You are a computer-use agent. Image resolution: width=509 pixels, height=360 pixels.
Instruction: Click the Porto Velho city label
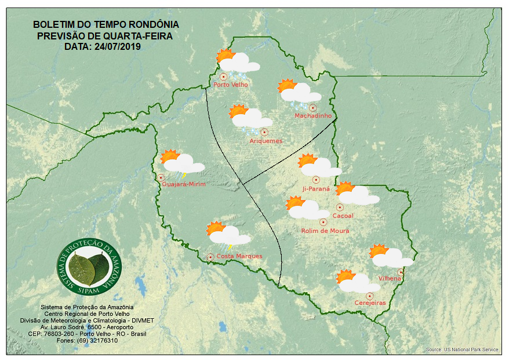click(x=231, y=85)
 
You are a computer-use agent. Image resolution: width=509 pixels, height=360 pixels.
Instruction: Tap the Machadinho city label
click(x=313, y=116)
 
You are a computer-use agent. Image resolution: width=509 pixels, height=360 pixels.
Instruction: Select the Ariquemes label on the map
click(x=266, y=141)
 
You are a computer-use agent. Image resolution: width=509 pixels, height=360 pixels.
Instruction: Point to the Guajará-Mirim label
click(x=184, y=184)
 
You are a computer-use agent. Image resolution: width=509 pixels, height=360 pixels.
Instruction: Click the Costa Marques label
click(x=239, y=256)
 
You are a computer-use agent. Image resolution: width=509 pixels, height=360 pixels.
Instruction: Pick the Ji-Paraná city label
click(x=316, y=189)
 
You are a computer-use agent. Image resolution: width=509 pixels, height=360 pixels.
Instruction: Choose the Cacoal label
click(x=343, y=216)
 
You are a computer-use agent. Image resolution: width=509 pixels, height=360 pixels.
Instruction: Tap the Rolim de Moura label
click(x=325, y=231)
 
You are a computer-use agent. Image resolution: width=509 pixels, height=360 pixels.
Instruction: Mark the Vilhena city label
click(x=390, y=279)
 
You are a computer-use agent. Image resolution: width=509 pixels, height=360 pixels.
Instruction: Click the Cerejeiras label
click(x=370, y=303)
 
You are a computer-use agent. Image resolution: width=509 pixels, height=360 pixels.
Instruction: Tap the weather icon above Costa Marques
click(x=228, y=234)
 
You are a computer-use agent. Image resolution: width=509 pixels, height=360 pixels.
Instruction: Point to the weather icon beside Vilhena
click(x=391, y=256)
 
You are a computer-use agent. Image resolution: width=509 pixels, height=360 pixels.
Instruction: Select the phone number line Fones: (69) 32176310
click(x=86, y=341)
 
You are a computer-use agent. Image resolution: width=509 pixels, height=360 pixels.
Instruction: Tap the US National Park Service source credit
click(x=462, y=350)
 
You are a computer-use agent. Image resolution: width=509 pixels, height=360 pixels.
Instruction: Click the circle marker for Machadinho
click(x=312, y=107)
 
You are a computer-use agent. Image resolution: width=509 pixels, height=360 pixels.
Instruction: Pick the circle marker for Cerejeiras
click(x=369, y=296)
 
